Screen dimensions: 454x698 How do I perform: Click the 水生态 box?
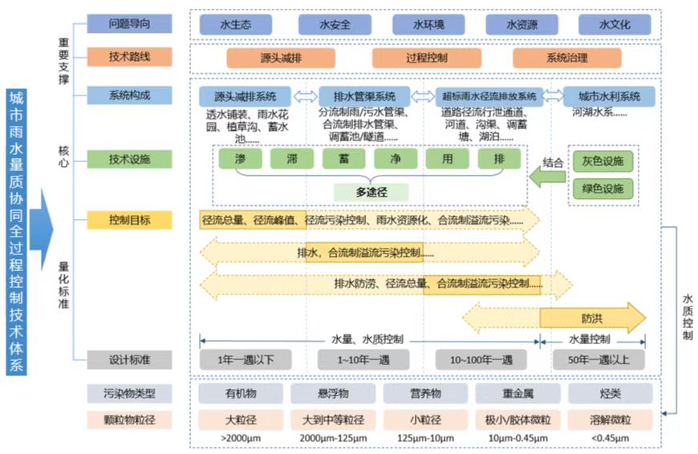pyautogui.click(x=236, y=24)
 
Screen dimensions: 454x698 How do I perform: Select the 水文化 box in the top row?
pyautogui.click(x=615, y=24)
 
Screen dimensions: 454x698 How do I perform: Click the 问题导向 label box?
pyautogui.click(x=129, y=23)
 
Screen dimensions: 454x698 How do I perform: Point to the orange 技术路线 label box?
pyautogui.click(x=129, y=58)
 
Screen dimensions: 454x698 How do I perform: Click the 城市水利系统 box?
pyautogui.click(x=609, y=97)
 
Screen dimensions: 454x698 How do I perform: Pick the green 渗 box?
pyautogui.click(x=240, y=159)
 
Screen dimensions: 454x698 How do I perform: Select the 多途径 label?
pyautogui.click(x=371, y=193)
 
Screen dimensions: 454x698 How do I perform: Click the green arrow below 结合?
pyautogui.click(x=549, y=182)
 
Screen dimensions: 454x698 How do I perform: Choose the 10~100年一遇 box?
pyautogui.click(x=481, y=359)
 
